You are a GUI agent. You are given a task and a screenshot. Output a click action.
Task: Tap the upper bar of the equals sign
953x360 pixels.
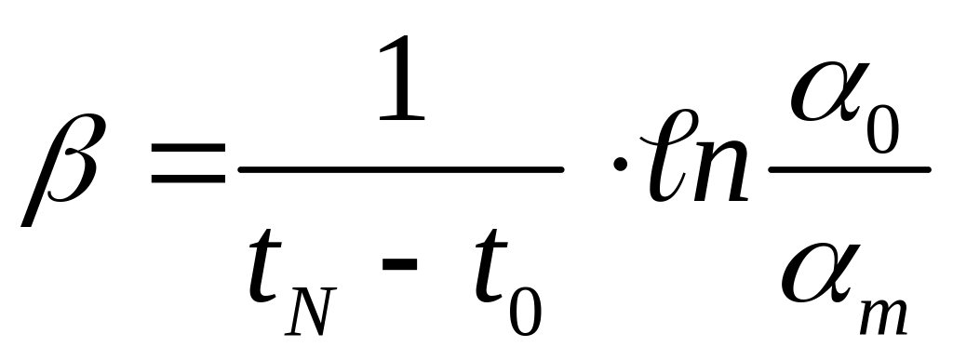pyautogui.click(x=188, y=148)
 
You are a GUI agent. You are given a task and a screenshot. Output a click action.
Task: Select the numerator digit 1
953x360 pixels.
pyautogui.click(x=401, y=78)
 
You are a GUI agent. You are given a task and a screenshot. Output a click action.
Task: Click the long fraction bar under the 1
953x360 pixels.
pyautogui.click(x=401, y=170)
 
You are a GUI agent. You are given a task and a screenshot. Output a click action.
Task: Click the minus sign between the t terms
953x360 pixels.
pyautogui.click(x=399, y=263)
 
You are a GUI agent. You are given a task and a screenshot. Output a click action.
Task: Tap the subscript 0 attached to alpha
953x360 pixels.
pyautogui.click(x=882, y=129)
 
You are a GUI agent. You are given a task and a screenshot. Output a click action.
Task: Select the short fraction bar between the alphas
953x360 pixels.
pyautogui.click(x=850, y=170)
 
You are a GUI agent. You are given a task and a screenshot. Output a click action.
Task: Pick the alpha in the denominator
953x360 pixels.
pyautogui.click(x=821, y=273)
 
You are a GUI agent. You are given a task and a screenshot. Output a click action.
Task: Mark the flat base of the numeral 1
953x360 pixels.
pyautogui.click(x=401, y=118)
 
